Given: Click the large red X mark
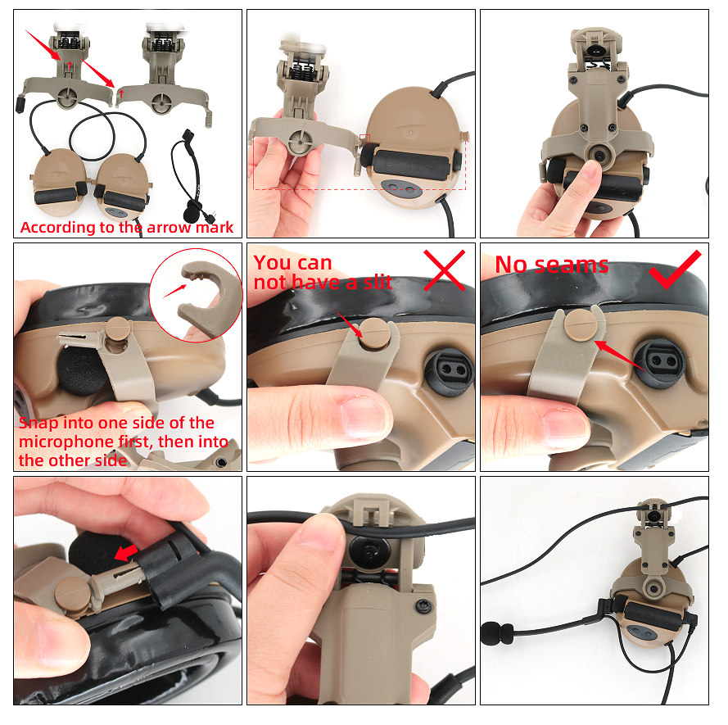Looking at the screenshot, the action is coord(445,270).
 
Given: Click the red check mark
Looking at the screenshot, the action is coord(676,270).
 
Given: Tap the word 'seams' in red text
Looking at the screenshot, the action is coord(571,265).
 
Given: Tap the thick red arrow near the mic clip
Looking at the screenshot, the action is coord(126,552).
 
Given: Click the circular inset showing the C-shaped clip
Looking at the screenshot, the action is coord(196,296).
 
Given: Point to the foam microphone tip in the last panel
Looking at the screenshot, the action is coord(497,634).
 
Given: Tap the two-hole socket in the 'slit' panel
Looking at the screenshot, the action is coord(450,370).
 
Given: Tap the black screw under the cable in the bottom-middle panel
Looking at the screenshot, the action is coord(369,552).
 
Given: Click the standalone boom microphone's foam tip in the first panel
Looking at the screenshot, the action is coord(191,214).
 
